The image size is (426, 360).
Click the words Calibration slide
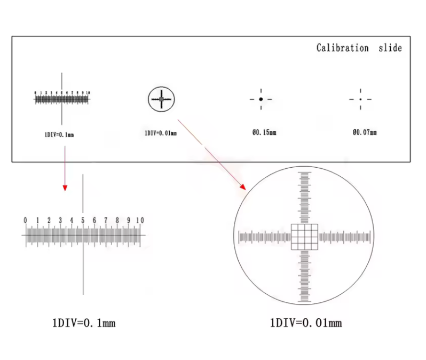point(359,48)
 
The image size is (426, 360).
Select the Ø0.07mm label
point(364,132)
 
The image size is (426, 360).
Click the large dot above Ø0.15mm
point(261,99)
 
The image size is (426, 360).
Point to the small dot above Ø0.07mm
point(360,99)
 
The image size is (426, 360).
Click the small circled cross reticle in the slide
point(161,99)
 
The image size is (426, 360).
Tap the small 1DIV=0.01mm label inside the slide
point(160,132)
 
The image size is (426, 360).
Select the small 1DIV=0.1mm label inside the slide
point(59,135)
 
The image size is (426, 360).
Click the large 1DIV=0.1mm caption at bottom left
point(83,323)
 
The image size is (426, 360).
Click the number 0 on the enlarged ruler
point(25,221)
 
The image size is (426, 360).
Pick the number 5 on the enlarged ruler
point(83,221)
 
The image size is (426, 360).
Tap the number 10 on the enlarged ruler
point(140,221)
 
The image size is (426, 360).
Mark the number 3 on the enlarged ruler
point(60,221)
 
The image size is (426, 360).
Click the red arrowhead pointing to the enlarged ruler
point(65,187)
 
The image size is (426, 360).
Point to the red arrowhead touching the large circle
point(242,187)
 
